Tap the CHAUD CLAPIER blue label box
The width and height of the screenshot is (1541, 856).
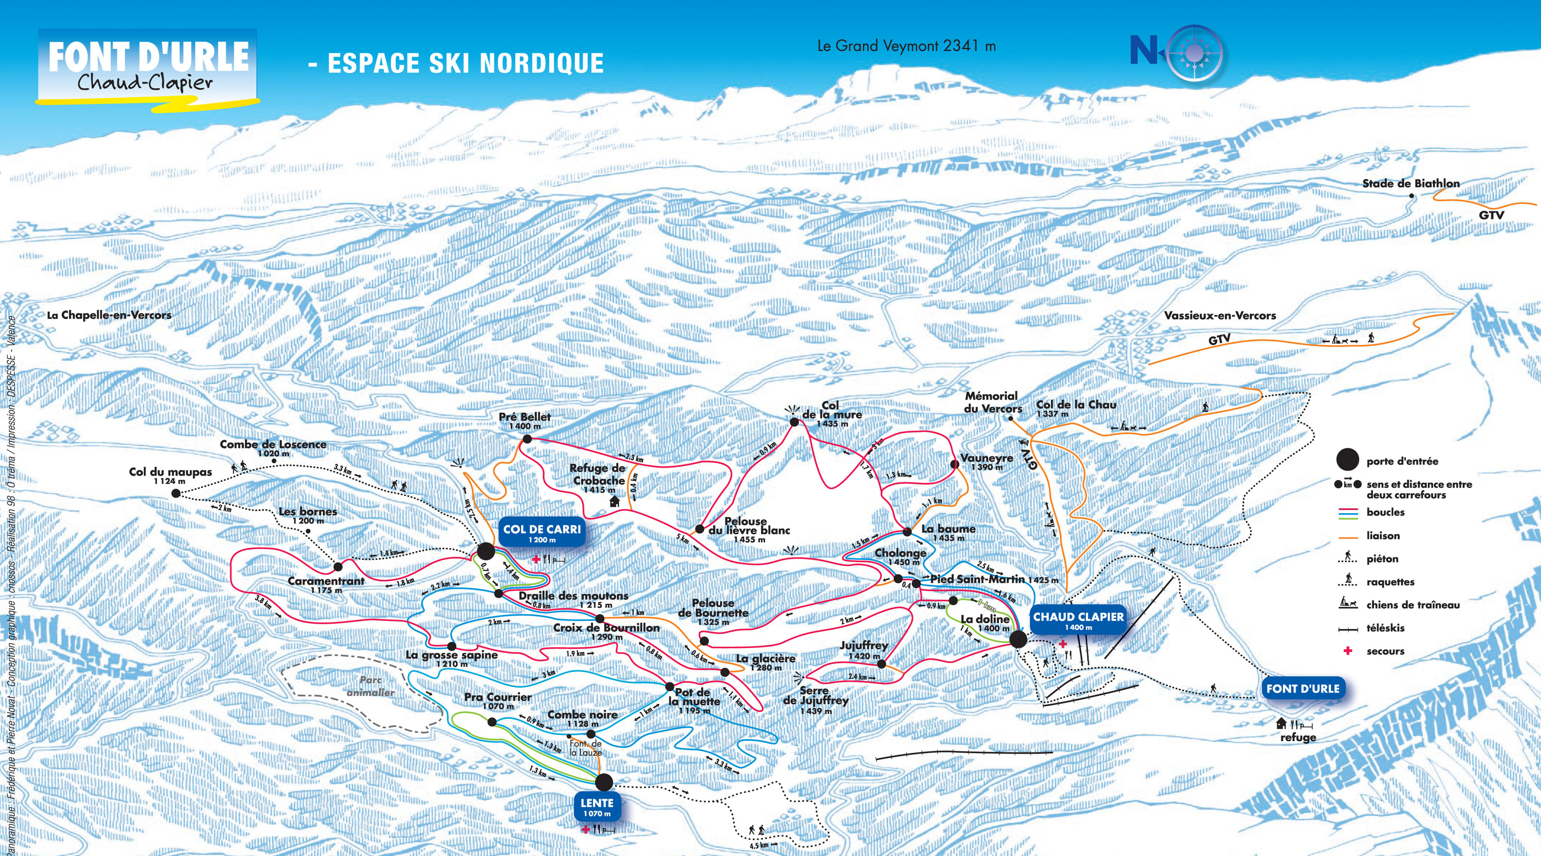pyautogui.click(x=1078, y=620)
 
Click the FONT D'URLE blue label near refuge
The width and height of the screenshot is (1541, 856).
pyautogui.click(x=1302, y=688)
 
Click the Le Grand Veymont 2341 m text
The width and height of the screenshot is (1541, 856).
pyautogui.click(x=906, y=46)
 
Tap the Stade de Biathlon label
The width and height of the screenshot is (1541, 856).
pyautogui.click(x=1410, y=184)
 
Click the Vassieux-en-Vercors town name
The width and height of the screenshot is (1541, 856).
pyautogui.click(x=1219, y=315)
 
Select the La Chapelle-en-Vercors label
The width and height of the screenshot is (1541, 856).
pyautogui.click(x=109, y=315)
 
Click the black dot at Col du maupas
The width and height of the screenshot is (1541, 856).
pyautogui.click(x=176, y=493)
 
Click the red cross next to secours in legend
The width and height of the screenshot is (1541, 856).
pyautogui.click(x=1347, y=651)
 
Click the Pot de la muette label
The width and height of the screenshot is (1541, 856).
pyautogui.click(x=694, y=700)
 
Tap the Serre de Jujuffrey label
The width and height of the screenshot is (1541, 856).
pyautogui.click(x=815, y=700)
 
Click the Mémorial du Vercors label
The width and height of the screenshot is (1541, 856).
pyautogui.click(x=992, y=402)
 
